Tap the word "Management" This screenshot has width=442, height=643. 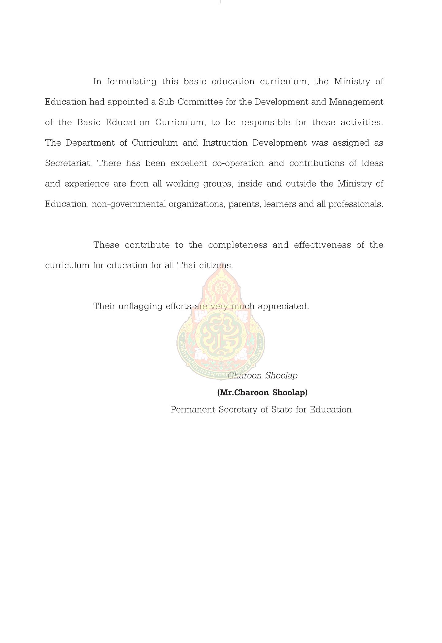356,102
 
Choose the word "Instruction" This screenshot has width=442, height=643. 225,143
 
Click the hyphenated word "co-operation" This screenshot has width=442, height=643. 238,163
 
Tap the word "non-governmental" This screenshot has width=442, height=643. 129,204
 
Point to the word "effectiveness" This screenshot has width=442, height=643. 322,245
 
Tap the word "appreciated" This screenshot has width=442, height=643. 283,306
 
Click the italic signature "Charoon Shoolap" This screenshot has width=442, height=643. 263,375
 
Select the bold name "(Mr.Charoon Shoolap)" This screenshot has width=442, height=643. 262,393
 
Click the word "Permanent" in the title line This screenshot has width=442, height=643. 193,410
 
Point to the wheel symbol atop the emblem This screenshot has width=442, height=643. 220,288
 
